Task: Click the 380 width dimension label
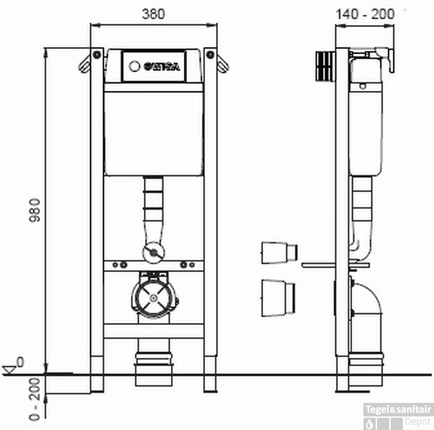[x=154, y=13]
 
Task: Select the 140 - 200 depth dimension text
[x=364, y=13]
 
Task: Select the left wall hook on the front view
[x=85, y=62]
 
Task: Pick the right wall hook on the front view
[x=222, y=62]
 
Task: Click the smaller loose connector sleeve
[x=279, y=252]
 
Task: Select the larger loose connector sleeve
[x=278, y=297]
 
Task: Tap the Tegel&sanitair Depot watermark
[x=399, y=415]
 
